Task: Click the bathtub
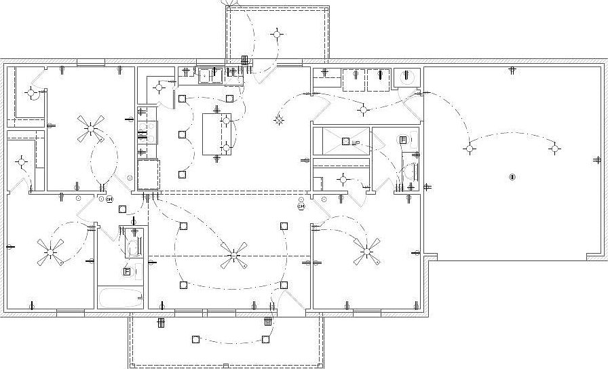120,297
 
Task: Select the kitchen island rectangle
216,134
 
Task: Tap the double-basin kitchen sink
209,75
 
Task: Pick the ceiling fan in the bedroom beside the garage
366,252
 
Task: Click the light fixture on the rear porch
277,33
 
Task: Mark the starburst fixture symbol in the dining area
278,120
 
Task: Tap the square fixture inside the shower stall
345,141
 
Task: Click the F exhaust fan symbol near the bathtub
127,271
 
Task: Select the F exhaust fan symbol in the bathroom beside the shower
402,140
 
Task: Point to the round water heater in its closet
406,77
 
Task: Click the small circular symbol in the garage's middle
512,177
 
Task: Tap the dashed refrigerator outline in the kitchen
148,174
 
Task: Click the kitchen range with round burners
147,133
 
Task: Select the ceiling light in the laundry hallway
364,109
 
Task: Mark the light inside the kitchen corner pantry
160,86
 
